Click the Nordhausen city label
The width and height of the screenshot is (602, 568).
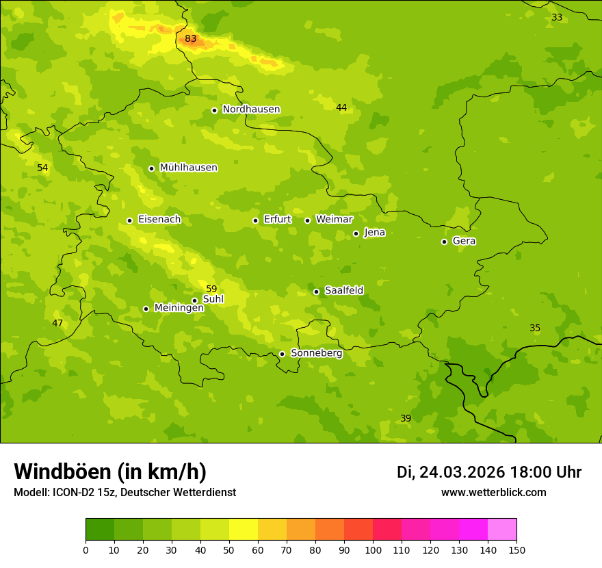click(251, 109)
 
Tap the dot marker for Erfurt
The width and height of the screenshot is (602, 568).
click(255, 220)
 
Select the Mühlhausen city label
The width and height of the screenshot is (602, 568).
click(188, 168)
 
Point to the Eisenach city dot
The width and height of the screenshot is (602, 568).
click(129, 220)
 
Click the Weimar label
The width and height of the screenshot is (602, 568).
click(334, 220)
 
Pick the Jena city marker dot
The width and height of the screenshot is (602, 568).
click(356, 233)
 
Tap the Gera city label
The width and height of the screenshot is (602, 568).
click(464, 241)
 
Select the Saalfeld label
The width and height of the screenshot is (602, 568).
click(343, 291)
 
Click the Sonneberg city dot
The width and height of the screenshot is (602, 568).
click(282, 354)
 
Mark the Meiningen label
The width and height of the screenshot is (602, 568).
click(179, 308)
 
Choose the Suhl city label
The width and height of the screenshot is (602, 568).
click(213, 299)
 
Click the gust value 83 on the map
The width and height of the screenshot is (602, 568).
click(190, 39)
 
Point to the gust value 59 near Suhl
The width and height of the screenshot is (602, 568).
click(211, 289)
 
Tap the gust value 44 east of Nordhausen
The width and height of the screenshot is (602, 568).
click(341, 107)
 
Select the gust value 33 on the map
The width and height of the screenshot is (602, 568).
click(557, 17)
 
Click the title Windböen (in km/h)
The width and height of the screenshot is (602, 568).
click(110, 472)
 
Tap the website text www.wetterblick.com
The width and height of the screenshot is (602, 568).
click(493, 492)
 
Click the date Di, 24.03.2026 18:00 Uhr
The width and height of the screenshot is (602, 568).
click(489, 472)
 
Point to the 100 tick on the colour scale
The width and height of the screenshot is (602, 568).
click(373, 550)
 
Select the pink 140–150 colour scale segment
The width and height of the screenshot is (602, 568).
click(502, 530)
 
